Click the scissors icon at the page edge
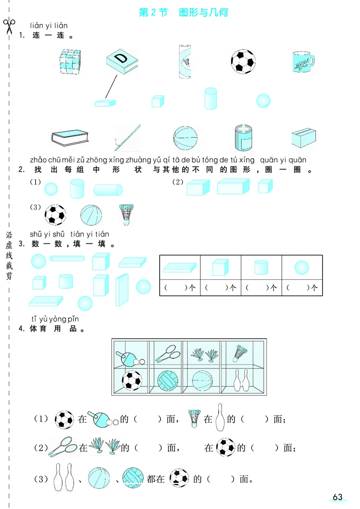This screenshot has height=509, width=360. click(9, 26)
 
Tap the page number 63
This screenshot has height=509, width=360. click(337, 497)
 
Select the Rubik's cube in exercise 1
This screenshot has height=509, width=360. click(70, 61)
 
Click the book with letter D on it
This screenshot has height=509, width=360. click(122, 61)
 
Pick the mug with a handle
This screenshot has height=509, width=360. click(303, 61)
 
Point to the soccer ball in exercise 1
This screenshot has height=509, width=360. click(243, 61)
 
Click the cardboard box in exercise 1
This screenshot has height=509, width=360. click(304, 138)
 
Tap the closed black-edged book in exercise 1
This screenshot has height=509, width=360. click(70, 138)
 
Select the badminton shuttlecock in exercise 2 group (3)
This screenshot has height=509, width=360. click(126, 214)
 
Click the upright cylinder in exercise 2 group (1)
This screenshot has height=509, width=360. click(77, 188)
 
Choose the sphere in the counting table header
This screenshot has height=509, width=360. click(301, 268)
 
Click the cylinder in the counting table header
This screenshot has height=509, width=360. click(261, 268)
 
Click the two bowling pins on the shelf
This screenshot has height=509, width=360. click(241, 380)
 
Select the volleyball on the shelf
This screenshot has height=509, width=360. click(168, 381)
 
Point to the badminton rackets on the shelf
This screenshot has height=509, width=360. click(168, 353)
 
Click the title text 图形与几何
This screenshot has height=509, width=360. click(203, 12)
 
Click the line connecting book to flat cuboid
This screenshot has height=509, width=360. click(111, 87)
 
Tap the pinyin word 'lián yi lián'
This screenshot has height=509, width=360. click(49, 26)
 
